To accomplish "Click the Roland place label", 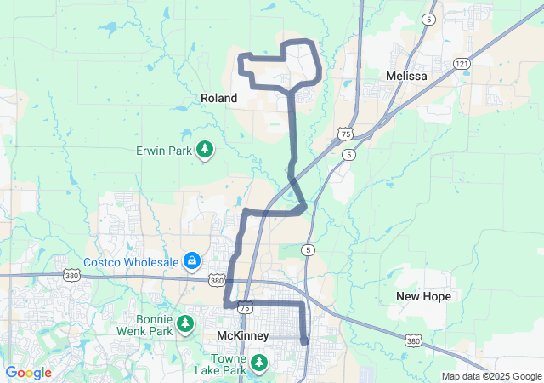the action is pyautogui.click(x=218, y=98).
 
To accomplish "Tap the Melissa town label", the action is pyautogui.click(x=406, y=76).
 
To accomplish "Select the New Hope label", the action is pyautogui.click(x=423, y=296).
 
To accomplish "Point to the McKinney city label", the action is pyautogui.click(x=243, y=336).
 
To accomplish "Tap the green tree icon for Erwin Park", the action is pyautogui.click(x=204, y=151).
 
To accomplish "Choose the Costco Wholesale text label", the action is pyautogui.click(x=132, y=260).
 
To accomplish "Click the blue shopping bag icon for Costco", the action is pyautogui.click(x=193, y=260).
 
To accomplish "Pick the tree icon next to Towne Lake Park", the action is pyautogui.click(x=261, y=365).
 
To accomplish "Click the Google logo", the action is pyautogui.click(x=28, y=373).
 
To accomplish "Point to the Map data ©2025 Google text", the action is pyautogui.click(x=491, y=376).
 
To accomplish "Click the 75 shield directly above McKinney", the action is pyautogui.click(x=245, y=307).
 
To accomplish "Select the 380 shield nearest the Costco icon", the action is pyautogui.click(x=217, y=279).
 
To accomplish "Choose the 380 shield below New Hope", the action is pyautogui.click(x=413, y=341).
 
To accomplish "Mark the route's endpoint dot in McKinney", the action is pyautogui.click(x=305, y=341).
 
